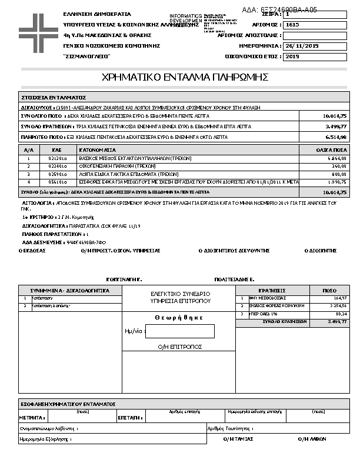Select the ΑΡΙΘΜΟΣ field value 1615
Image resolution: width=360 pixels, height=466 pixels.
coord(292,25)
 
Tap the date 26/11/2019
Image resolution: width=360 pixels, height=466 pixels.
coord(302,46)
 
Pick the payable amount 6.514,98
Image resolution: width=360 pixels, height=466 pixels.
coord(335,137)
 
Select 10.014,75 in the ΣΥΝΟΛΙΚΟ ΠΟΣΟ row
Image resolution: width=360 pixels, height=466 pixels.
coord(335,116)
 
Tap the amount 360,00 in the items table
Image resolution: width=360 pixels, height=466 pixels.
coord(339,167)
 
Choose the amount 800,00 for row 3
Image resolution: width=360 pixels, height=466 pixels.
coord(339,174)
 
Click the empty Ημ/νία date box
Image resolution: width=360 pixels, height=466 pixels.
coord(179,331)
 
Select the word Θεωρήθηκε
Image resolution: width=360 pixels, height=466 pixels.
coord(179,317)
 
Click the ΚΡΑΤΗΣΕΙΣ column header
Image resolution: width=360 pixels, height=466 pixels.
coord(272,291)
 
